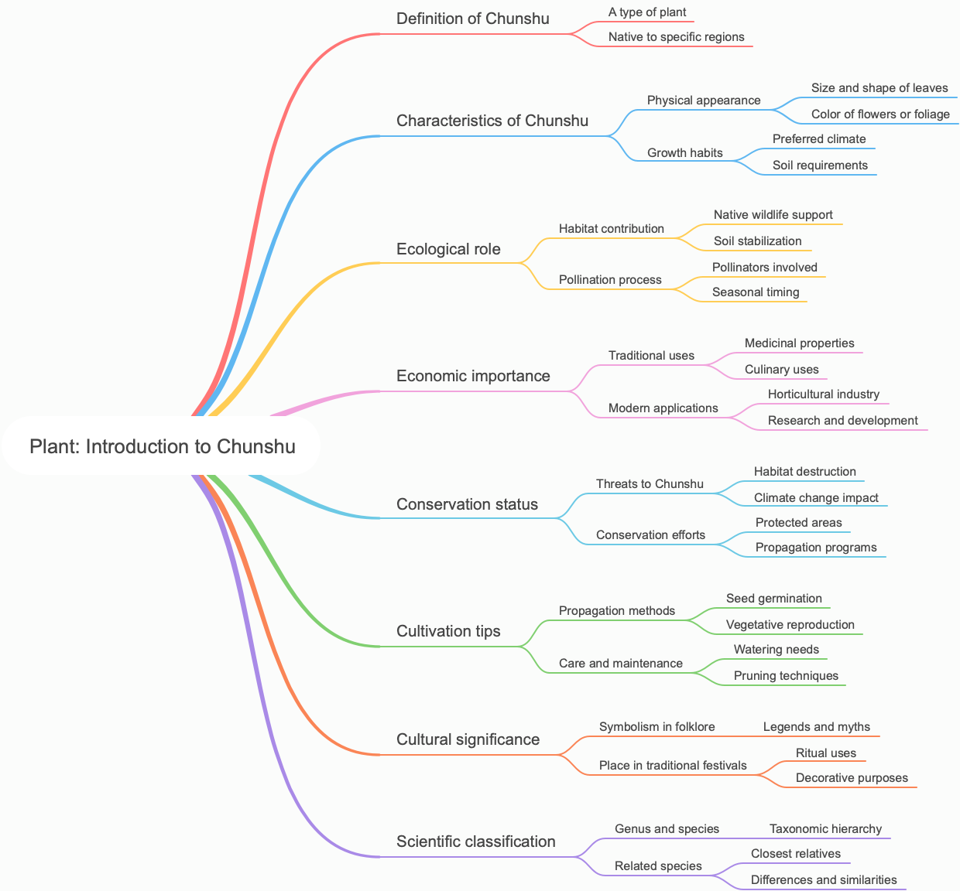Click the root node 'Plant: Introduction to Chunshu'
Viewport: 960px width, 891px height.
[x=163, y=446]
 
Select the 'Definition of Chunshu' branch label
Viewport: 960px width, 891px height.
[x=472, y=19]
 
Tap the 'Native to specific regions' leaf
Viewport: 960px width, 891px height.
[x=676, y=37]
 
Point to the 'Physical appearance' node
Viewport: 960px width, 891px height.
[x=704, y=101]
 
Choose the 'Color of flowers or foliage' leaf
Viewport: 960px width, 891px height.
[x=880, y=114]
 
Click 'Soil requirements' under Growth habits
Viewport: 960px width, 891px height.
[x=820, y=166]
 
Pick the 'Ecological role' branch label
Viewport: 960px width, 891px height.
[x=448, y=249]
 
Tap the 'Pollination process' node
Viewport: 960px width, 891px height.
[x=610, y=280]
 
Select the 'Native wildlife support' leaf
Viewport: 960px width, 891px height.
[x=773, y=215]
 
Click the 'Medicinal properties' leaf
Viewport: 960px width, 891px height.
[x=799, y=343]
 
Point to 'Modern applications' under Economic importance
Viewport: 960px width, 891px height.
[x=663, y=408]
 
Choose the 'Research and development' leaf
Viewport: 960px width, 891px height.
[x=842, y=421]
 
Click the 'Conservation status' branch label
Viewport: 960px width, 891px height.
[x=467, y=504]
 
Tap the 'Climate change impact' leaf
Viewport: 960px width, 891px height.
[x=816, y=498]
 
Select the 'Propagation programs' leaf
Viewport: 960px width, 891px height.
[x=816, y=548]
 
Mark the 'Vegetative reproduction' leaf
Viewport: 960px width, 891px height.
[x=790, y=625]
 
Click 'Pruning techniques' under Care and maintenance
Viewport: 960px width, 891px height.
[x=786, y=676]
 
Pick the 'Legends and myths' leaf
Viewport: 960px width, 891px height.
[x=816, y=727]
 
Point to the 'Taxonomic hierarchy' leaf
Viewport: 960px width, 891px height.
[x=825, y=829]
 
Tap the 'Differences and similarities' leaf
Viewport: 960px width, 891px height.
[x=824, y=880]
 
